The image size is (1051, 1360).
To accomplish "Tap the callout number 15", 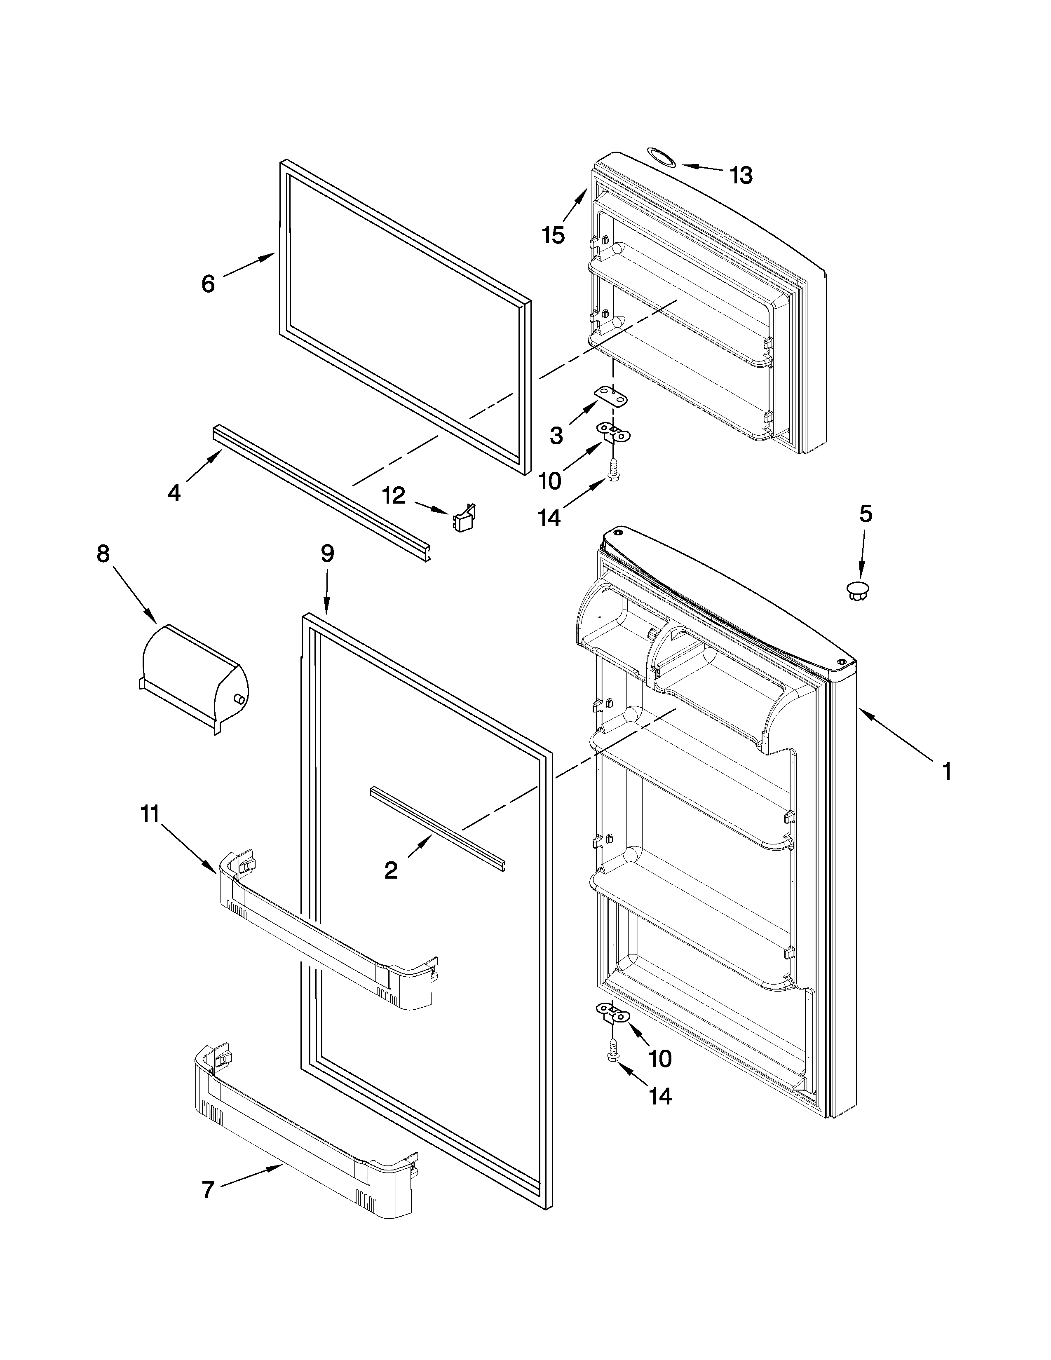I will [553, 235].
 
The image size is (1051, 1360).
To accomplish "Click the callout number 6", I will [208, 284].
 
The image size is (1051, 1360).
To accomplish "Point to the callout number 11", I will [150, 814].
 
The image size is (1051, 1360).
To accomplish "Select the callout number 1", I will [946, 772].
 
